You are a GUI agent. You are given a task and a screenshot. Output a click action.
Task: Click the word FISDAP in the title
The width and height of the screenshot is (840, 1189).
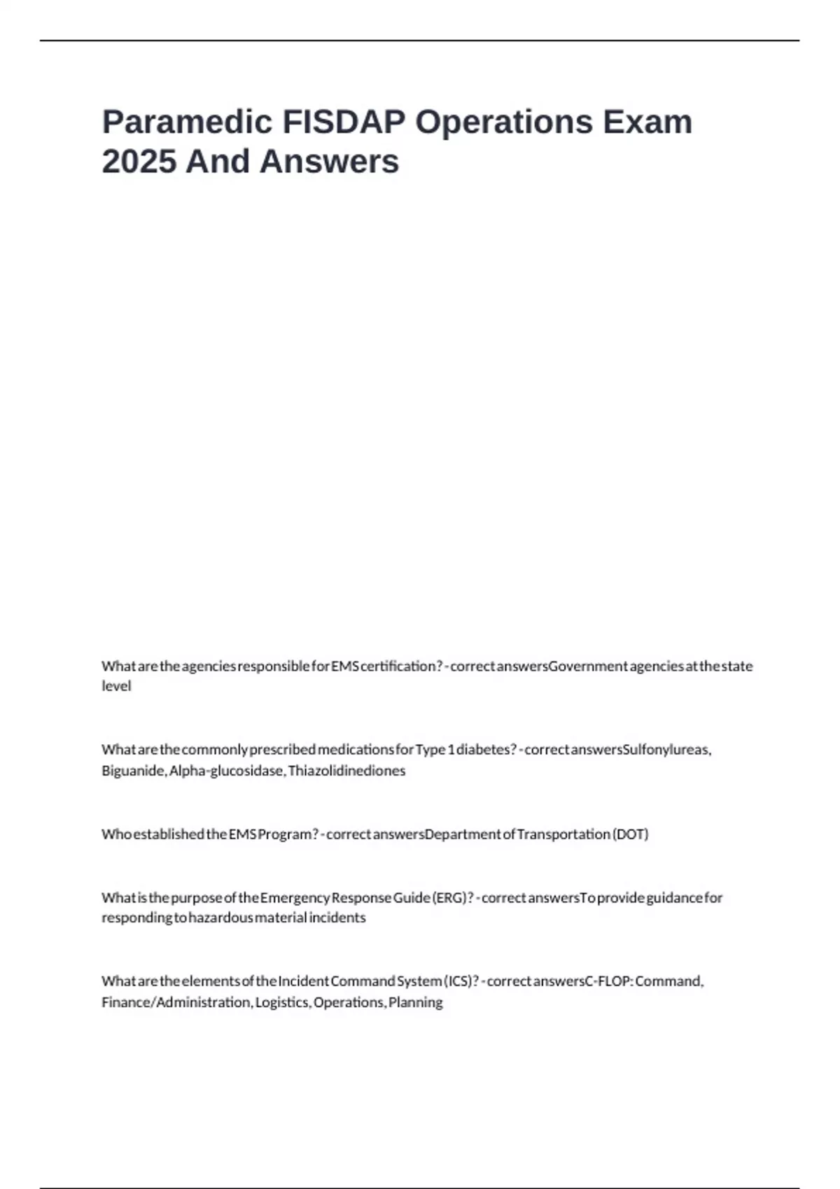(343, 122)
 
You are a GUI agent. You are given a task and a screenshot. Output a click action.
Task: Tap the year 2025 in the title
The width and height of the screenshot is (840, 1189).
(138, 162)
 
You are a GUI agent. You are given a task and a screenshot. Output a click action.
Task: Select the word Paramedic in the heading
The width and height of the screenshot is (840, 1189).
(187, 122)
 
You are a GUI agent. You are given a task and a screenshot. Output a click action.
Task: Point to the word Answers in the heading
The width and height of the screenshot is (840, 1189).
(329, 162)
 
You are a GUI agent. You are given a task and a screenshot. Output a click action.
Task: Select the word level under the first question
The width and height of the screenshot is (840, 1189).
(116, 686)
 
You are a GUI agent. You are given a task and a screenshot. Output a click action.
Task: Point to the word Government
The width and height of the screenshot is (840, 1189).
(588, 666)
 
